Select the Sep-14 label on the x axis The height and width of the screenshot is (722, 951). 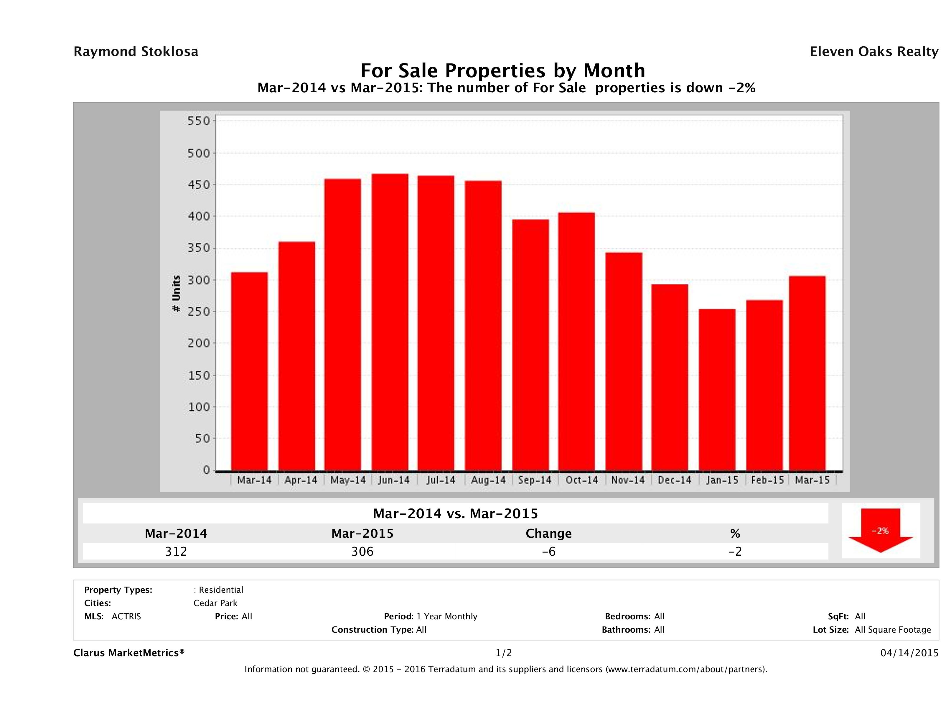pos(534,480)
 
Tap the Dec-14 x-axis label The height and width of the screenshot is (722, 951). pos(674,480)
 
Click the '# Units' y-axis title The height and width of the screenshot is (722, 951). pos(176,293)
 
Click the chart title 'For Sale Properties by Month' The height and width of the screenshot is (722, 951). pos(502,70)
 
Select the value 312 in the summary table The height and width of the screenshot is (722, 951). pos(176,551)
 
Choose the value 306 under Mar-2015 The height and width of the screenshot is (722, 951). pos(362,551)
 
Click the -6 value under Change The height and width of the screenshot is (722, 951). pos(549,551)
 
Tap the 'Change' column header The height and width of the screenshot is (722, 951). pos(549,534)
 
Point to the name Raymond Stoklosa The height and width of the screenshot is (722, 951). pos(136,52)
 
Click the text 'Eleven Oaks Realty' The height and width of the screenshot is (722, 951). pos(873,52)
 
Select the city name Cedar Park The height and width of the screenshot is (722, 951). pos(215,603)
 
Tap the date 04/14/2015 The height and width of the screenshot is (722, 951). pos(909,653)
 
